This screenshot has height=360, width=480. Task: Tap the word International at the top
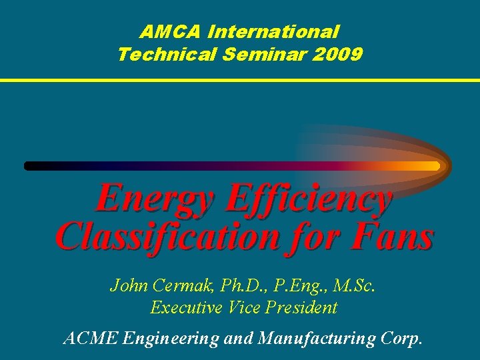(274, 31)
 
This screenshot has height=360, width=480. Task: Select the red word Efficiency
(310, 199)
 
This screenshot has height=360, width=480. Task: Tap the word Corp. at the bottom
(401, 339)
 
